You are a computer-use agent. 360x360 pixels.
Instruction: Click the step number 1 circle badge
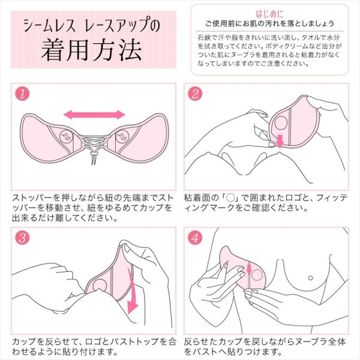[x=22, y=94]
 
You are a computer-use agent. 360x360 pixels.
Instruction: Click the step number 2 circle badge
[x=196, y=94]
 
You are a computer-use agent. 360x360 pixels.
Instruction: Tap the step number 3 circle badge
[x=22, y=237]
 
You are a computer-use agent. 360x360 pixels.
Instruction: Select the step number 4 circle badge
[x=196, y=237]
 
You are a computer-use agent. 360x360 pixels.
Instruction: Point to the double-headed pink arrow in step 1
[x=94, y=114]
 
